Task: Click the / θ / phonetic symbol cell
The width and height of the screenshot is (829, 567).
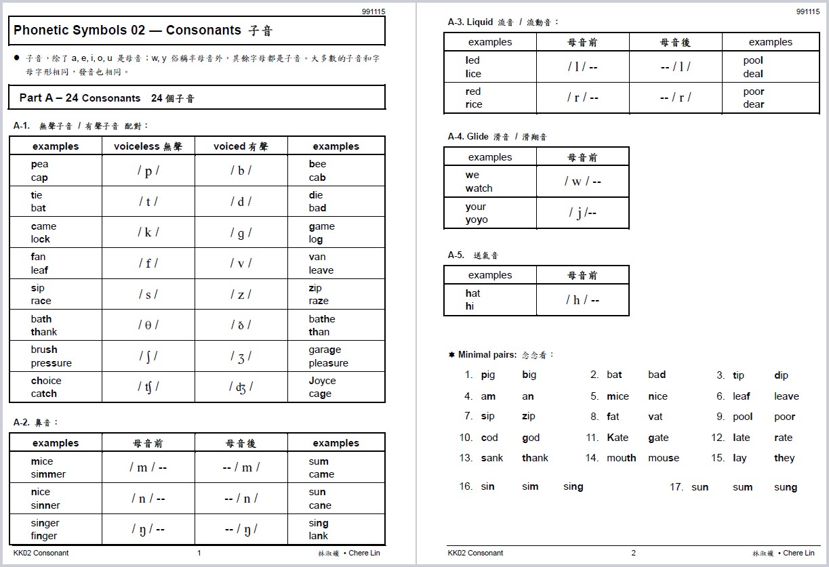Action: tap(148, 325)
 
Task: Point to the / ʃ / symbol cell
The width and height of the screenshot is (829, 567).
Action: tap(148, 356)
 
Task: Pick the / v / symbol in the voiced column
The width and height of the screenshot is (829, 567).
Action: tap(241, 264)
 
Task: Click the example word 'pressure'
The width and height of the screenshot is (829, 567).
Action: tap(51, 363)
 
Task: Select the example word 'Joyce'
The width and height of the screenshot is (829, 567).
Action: tap(322, 381)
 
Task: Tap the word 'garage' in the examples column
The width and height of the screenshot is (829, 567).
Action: tap(325, 350)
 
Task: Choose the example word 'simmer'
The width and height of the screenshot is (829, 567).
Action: tap(48, 474)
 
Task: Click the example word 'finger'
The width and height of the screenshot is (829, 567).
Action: tap(44, 536)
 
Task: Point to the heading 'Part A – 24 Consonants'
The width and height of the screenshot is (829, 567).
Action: tap(80, 98)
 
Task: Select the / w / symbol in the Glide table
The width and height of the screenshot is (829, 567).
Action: tap(582, 182)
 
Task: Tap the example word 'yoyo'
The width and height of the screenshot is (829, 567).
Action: tap(477, 219)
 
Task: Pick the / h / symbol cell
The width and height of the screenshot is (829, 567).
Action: tap(582, 299)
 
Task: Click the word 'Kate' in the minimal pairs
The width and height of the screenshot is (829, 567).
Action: tap(618, 438)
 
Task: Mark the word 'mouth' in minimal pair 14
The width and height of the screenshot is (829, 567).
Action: tap(622, 458)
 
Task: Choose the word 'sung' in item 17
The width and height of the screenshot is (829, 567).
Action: tap(786, 487)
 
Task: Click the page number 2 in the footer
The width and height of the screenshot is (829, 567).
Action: tap(634, 553)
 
